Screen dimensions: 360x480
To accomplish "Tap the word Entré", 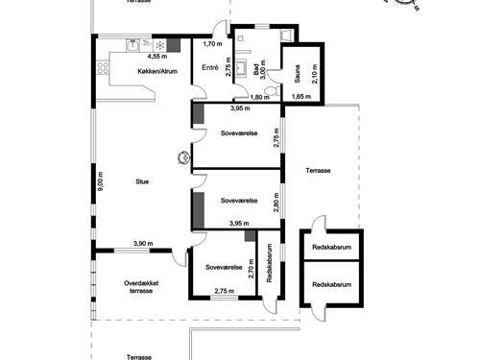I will click(x=211, y=67).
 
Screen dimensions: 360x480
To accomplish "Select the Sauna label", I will click(x=298, y=66).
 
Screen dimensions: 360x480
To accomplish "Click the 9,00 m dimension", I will click(x=100, y=181).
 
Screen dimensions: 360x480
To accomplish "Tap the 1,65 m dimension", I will click(x=302, y=98).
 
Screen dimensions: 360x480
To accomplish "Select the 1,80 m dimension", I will click(x=262, y=98).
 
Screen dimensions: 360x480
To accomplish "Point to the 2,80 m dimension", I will click(x=276, y=201).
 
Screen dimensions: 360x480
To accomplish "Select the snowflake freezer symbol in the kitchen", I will click(x=159, y=44).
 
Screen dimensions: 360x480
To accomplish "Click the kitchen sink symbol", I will click(x=135, y=43).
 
